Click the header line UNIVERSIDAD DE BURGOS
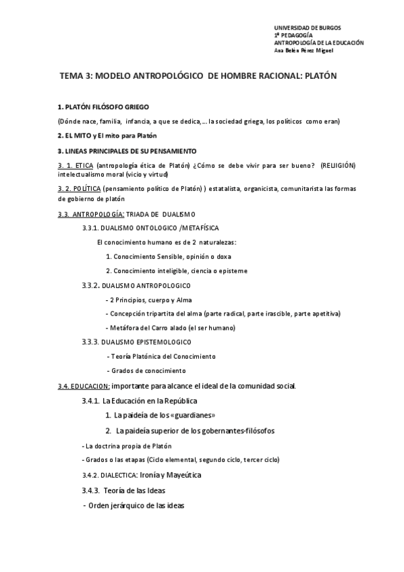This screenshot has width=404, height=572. [x=307, y=28]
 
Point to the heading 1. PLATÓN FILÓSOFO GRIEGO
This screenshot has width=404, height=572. [x=103, y=108]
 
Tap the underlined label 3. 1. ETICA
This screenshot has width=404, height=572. [x=76, y=165]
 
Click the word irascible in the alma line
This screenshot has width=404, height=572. [x=268, y=313]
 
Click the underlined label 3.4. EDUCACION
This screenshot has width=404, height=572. [x=84, y=386]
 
